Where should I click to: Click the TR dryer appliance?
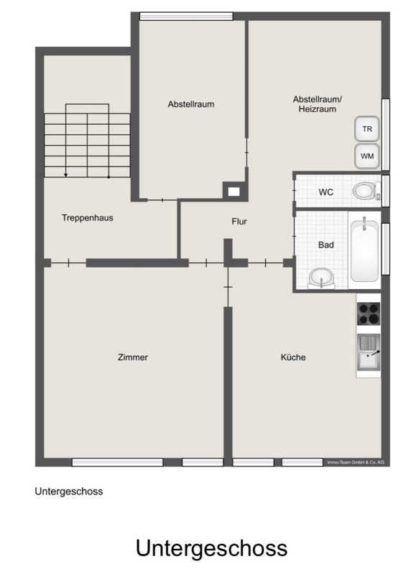[x=366, y=129]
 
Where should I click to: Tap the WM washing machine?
[x=366, y=156]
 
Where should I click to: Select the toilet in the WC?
[x=366, y=191]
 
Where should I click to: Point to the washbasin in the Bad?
[x=321, y=278]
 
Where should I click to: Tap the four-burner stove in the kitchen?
[x=369, y=314]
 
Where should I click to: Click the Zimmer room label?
[x=133, y=357]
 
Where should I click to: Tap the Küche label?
[x=293, y=357]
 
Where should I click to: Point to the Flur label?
[x=239, y=222]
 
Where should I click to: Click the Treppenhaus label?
[x=87, y=218]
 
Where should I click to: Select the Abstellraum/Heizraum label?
[x=318, y=104]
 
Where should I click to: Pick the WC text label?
[x=326, y=192]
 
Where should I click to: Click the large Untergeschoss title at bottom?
[x=211, y=548]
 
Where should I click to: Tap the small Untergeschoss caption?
[x=68, y=491]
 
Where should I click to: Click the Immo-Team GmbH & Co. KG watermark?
[x=356, y=462]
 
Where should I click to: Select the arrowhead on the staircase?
[x=65, y=175]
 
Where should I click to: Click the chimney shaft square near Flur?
[x=234, y=191]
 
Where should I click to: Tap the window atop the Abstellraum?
[x=186, y=16]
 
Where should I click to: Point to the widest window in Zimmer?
[x=117, y=462]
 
